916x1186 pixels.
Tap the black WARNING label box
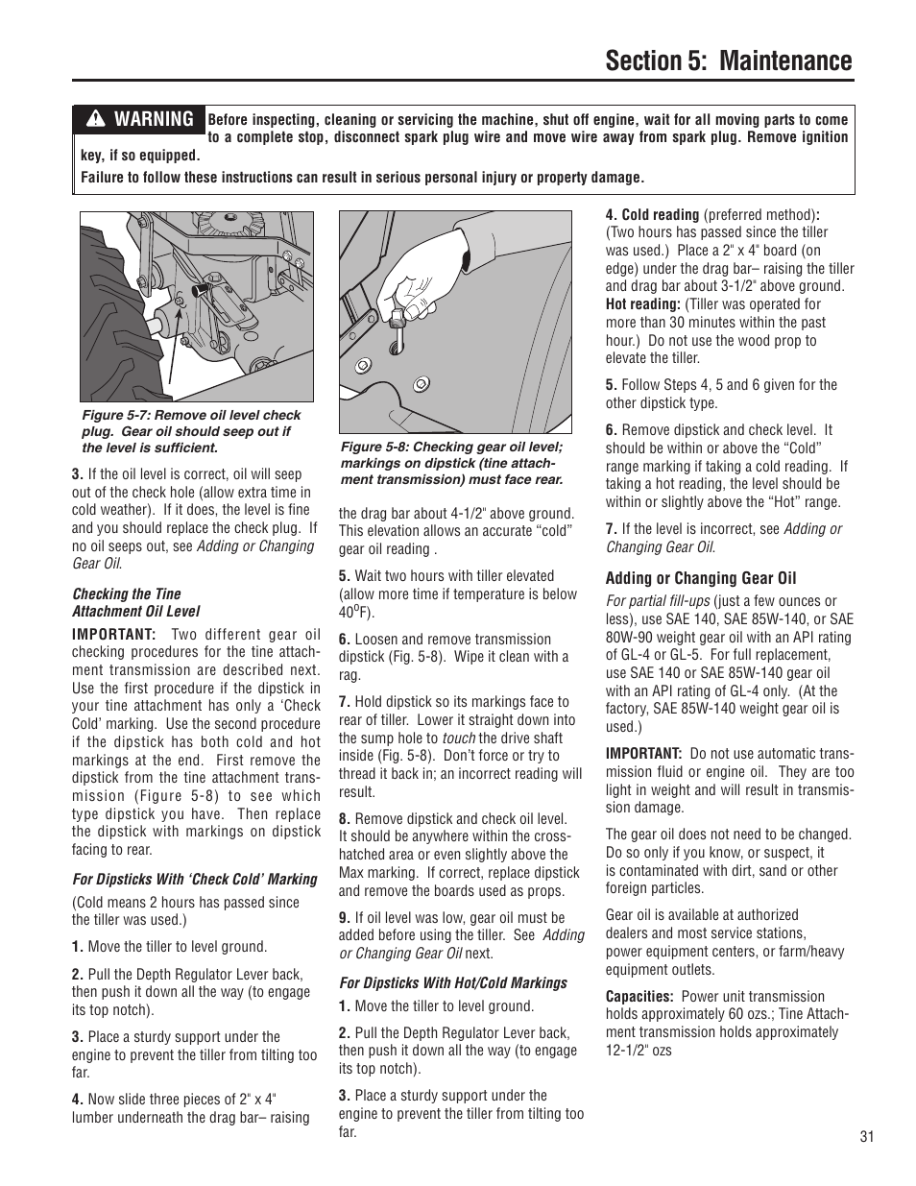(x=140, y=119)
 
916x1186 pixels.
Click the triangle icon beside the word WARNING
(x=96, y=120)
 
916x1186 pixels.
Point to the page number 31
(x=867, y=1137)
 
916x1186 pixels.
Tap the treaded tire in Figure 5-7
(x=110, y=307)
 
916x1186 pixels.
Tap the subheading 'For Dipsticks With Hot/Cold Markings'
(x=452, y=982)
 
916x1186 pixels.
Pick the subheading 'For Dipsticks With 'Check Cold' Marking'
(x=194, y=879)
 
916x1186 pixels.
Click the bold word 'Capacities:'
(x=639, y=997)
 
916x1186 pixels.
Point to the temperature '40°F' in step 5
(x=355, y=612)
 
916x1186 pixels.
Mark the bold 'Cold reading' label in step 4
(x=660, y=215)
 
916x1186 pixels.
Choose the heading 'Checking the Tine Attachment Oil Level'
(x=135, y=602)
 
